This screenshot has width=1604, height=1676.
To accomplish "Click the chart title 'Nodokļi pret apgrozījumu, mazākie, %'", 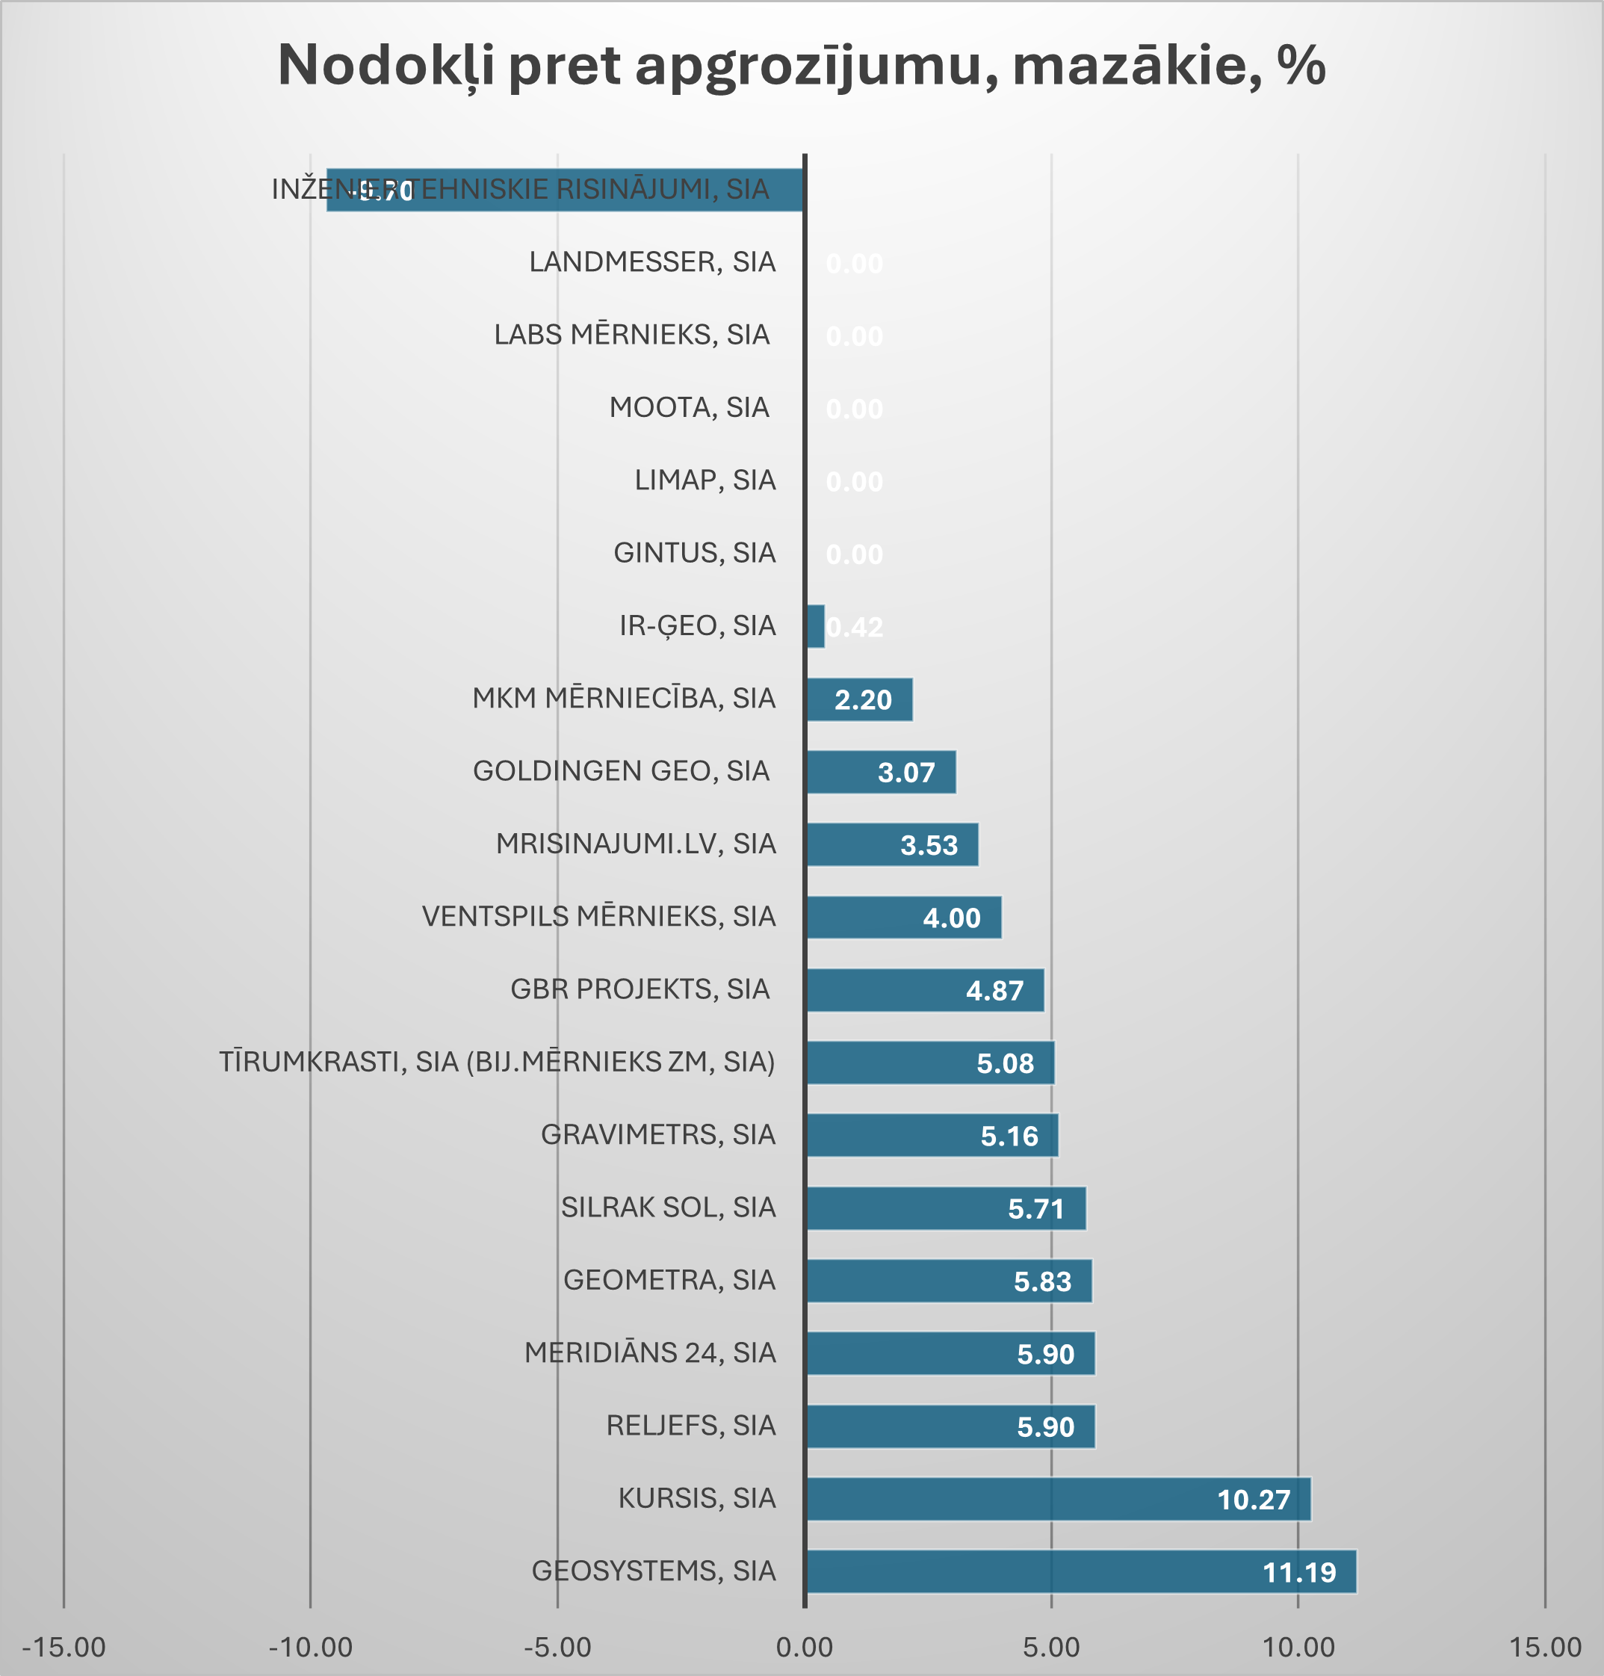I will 801,66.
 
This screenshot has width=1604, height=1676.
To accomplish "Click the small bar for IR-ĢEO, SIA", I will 816,627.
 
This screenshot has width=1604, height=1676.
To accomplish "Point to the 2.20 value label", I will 863,700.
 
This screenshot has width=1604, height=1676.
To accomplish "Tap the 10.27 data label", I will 1254,1500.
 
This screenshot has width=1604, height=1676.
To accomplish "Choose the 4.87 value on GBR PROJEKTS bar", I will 994,991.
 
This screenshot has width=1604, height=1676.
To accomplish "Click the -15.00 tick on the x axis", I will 64,1647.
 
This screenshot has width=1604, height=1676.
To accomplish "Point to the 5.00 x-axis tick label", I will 1051,1647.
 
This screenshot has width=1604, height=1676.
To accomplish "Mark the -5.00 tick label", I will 557,1647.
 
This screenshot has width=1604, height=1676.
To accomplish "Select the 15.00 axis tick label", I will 1544,1647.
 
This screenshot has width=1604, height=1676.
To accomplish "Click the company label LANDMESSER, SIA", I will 652,262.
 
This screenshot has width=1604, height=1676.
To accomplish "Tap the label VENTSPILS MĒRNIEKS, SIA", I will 598,917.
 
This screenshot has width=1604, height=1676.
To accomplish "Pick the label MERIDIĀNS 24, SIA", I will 650,1352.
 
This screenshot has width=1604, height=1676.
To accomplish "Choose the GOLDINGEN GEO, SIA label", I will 622,771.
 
